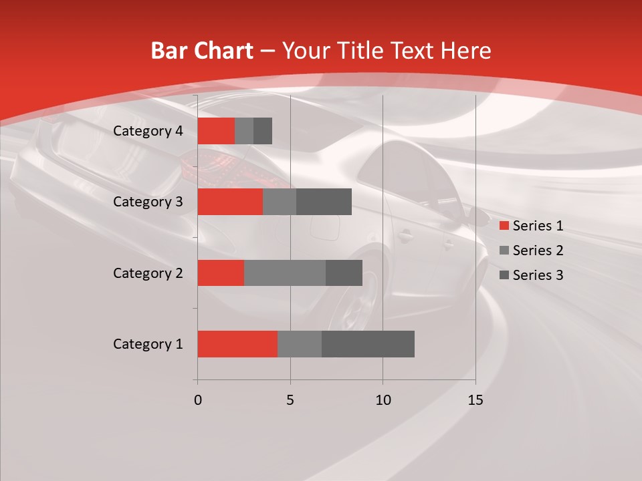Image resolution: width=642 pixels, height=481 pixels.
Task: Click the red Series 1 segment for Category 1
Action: pos(237,344)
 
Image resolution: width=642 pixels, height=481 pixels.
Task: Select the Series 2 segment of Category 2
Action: pos(284,273)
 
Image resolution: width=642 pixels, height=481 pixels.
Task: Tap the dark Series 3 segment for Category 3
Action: pos(324,202)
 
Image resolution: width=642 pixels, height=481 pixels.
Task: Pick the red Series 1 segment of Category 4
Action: pos(215,131)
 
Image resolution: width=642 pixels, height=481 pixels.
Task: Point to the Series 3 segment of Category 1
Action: pos(368,344)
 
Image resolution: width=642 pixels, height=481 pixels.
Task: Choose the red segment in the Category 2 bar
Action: pos(220,273)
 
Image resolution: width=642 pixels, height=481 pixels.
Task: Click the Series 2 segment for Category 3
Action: pos(279,202)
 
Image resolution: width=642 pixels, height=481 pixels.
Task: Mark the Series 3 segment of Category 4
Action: pos(263,131)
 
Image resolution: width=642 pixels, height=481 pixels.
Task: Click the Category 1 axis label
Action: pos(147,344)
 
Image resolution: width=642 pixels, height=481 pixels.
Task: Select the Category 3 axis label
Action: pos(147,202)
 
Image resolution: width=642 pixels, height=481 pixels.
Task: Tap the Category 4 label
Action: pos(147,131)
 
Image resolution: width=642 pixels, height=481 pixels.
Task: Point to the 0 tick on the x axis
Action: pos(197,400)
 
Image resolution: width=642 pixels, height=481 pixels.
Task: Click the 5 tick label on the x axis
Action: pos(290,400)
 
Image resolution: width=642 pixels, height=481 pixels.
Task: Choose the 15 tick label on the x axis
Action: pos(475,400)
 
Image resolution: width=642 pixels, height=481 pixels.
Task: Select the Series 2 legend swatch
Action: pos(504,251)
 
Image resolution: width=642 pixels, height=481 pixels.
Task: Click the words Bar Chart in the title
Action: pos(201,51)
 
